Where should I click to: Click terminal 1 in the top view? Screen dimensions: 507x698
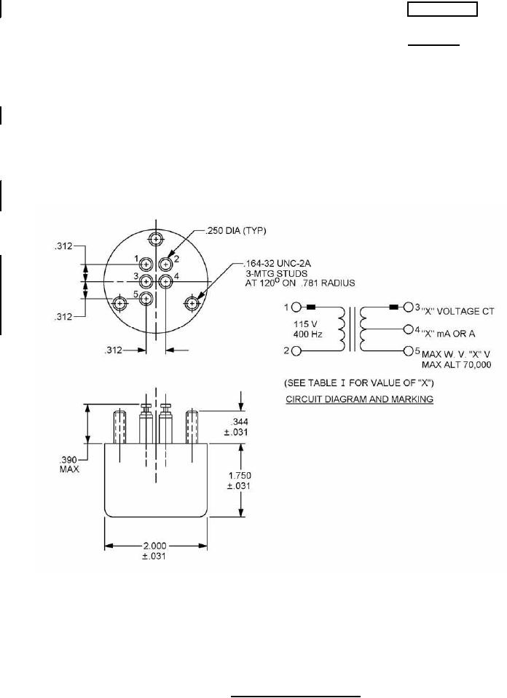click(146, 264)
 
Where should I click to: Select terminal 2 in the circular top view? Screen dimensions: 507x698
click(165, 265)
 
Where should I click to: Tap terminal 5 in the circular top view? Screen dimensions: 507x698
click(146, 299)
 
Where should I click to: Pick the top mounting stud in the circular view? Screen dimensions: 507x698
click(156, 240)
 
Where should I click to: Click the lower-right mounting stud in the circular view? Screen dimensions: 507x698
click(192, 303)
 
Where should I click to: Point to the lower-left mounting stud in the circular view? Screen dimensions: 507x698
click(119, 304)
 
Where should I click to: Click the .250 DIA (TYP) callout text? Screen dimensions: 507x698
click(235, 230)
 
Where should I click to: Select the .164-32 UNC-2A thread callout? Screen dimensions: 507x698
click(278, 264)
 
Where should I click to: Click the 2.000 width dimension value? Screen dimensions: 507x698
click(154, 546)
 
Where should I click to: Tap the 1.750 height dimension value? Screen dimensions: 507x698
click(240, 476)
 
